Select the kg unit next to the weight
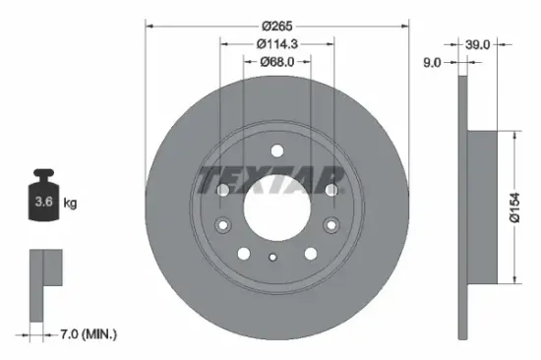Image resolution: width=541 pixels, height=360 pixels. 70,204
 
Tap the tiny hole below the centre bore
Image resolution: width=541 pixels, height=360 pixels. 275,259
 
